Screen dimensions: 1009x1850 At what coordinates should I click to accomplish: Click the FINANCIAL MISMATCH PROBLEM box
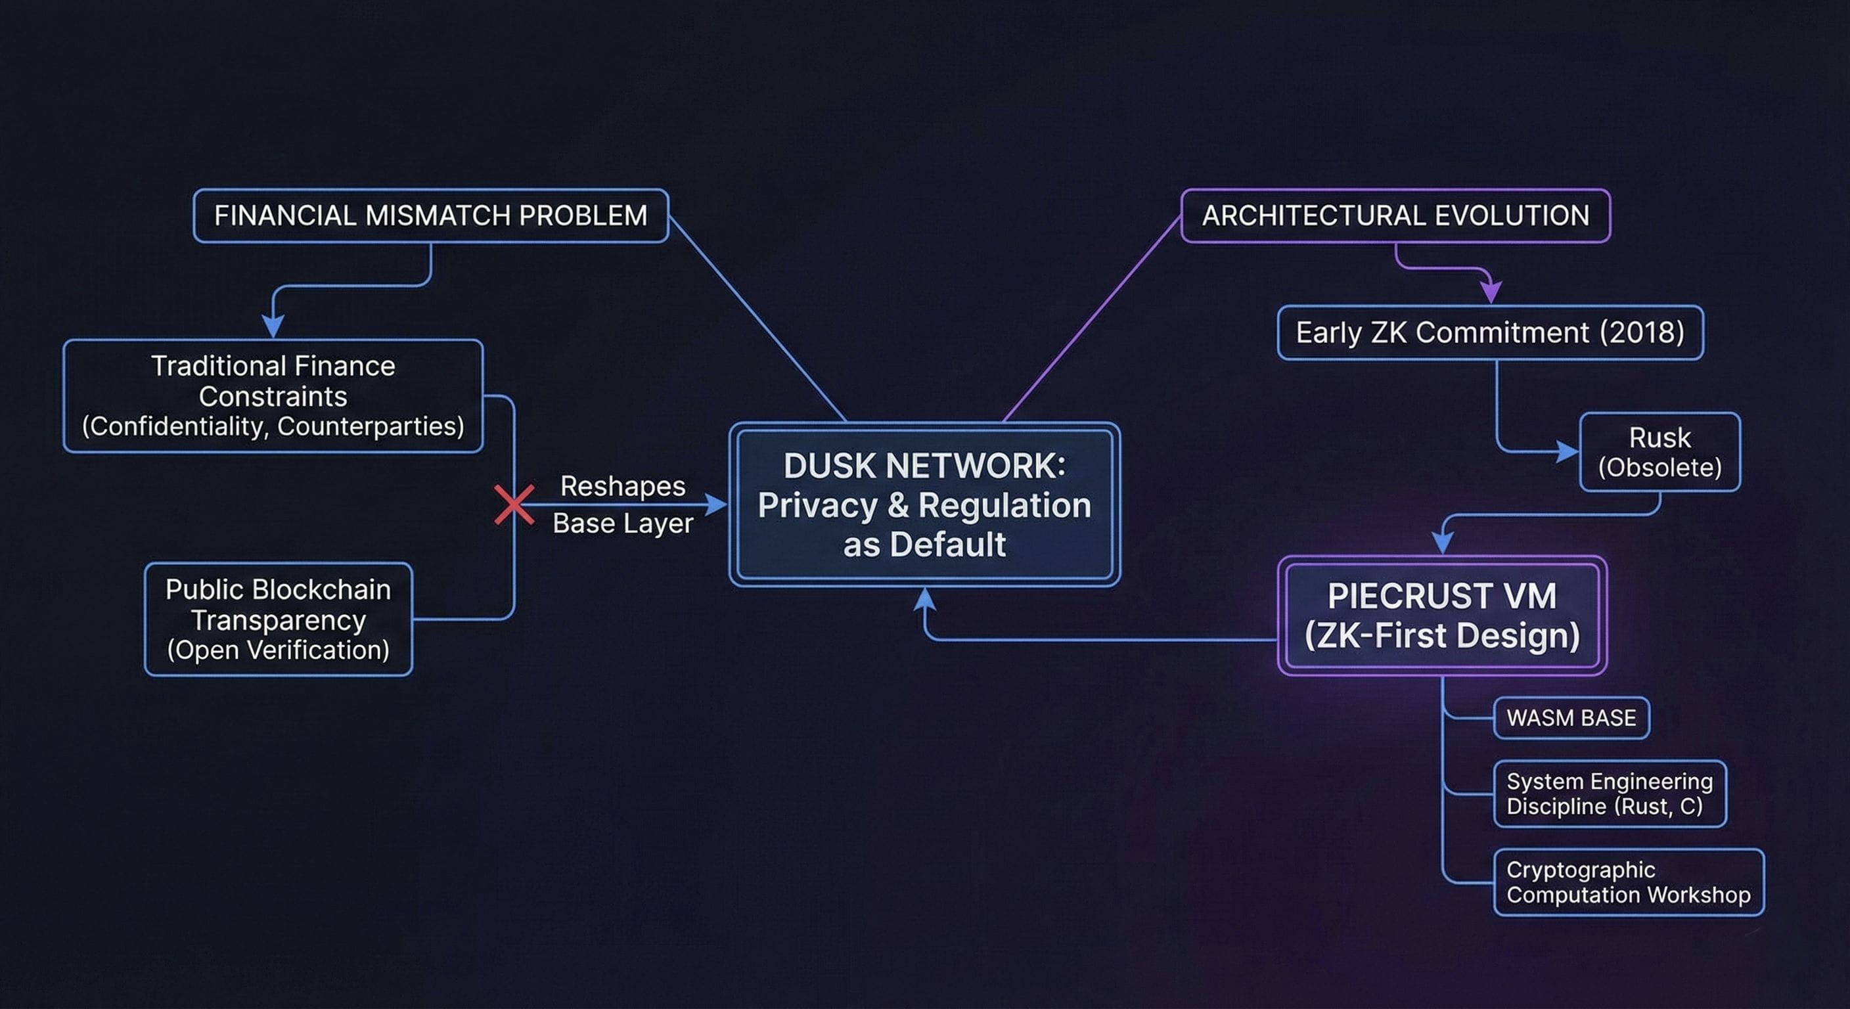(x=431, y=215)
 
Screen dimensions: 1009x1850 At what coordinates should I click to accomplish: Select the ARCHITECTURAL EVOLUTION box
(x=1395, y=215)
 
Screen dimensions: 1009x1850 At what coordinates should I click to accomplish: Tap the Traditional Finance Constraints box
(x=273, y=395)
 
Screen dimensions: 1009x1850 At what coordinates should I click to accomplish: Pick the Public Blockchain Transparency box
(x=279, y=619)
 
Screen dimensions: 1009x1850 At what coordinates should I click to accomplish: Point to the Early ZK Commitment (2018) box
(x=1490, y=332)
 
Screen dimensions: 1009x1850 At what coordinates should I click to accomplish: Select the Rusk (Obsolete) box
(x=1659, y=452)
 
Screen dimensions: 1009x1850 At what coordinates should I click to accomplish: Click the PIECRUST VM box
(x=1442, y=616)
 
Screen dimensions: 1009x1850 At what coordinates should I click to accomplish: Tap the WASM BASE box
(x=1571, y=717)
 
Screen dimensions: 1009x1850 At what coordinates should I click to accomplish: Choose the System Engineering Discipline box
(x=1610, y=794)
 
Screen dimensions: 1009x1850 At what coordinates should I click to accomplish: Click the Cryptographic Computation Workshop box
(x=1628, y=882)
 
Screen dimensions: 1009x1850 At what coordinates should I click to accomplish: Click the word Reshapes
(x=623, y=486)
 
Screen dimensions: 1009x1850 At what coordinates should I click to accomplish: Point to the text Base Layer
(x=623, y=523)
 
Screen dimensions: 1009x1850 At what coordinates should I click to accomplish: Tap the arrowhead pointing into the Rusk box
(x=1568, y=452)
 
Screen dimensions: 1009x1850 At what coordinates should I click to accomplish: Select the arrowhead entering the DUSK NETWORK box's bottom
(x=924, y=600)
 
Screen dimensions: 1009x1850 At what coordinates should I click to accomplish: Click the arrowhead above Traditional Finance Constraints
(x=272, y=326)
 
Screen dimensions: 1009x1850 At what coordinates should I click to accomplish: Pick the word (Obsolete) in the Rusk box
(x=1659, y=468)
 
